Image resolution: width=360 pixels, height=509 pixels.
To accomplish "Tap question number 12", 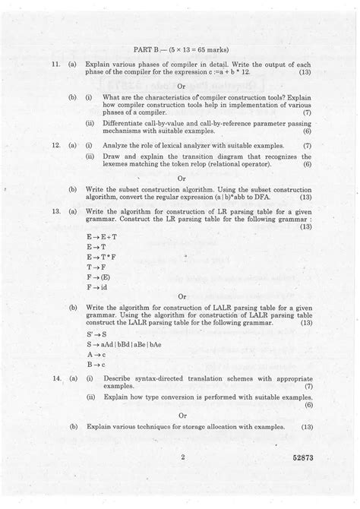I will (x=49, y=144).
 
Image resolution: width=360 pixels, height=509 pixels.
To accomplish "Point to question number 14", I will (x=49, y=377).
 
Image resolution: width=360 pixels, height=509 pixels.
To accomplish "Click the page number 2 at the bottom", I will (x=184, y=457).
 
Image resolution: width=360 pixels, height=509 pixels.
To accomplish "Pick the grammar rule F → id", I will (x=98, y=288).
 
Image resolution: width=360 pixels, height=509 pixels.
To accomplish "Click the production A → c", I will (x=95, y=354).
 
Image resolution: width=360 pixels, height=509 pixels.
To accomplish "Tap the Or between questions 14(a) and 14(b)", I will (x=182, y=416).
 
